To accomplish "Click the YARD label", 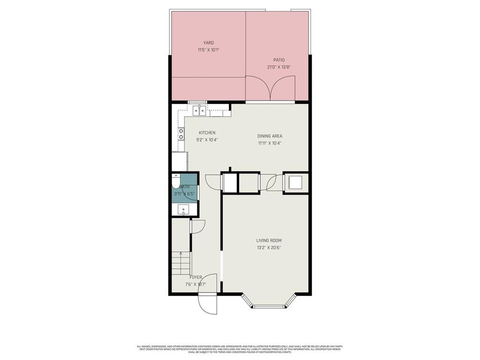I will pos(208,43).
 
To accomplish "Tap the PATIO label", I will pos(279,60).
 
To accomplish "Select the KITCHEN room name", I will pos(207,133).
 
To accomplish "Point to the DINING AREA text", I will pos(270,136).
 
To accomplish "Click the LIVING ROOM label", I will pos(269,240).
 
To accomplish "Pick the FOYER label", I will pos(195,277).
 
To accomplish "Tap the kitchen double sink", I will pos(200,111).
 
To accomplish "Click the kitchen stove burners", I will pos(181,134).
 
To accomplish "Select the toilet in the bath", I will pos(175,180).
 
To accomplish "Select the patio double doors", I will pos(270,90).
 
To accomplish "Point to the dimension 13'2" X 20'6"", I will pos(269,248).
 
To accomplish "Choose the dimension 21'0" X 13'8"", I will pos(279,67).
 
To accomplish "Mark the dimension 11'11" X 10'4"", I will pos(270,143).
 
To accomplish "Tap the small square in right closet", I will pos(296,182).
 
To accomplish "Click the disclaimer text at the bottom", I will pos(240,349).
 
